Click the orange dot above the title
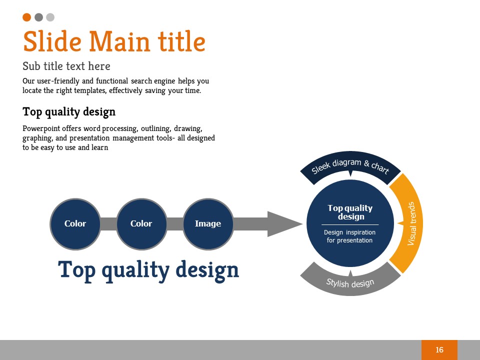click(27, 17)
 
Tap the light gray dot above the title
click(50, 17)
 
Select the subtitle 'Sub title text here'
click(66, 66)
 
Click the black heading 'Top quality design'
click(69, 111)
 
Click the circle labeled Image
click(208, 223)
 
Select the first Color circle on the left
click(75, 223)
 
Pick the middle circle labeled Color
click(141, 223)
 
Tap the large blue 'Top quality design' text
click(148, 269)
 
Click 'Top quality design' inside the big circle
click(350, 212)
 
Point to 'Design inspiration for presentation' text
click(350, 236)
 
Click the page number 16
click(439, 350)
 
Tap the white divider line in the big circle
click(350, 224)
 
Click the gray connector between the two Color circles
click(108, 223)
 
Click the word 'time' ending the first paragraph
click(192, 90)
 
